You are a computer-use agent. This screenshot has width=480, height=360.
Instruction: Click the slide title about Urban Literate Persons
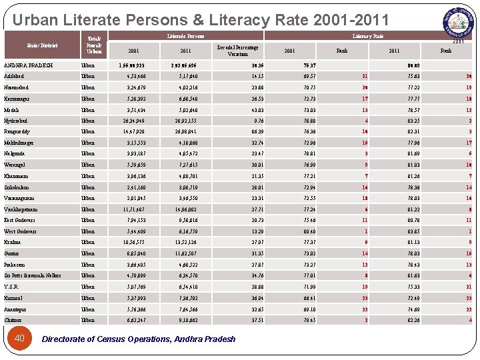(x=200, y=20)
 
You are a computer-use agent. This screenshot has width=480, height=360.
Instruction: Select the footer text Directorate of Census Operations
(x=139, y=339)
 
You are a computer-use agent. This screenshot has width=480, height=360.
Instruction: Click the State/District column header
(x=42, y=45)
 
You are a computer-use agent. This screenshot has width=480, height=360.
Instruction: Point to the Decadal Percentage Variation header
(x=238, y=51)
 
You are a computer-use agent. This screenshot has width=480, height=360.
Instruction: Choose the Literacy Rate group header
(x=367, y=36)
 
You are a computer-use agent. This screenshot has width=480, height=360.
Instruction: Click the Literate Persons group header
(x=185, y=36)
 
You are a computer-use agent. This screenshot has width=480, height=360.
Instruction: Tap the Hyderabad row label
(x=17, y=121)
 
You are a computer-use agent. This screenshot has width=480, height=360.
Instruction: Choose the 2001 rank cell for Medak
(x=365, y=110)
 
